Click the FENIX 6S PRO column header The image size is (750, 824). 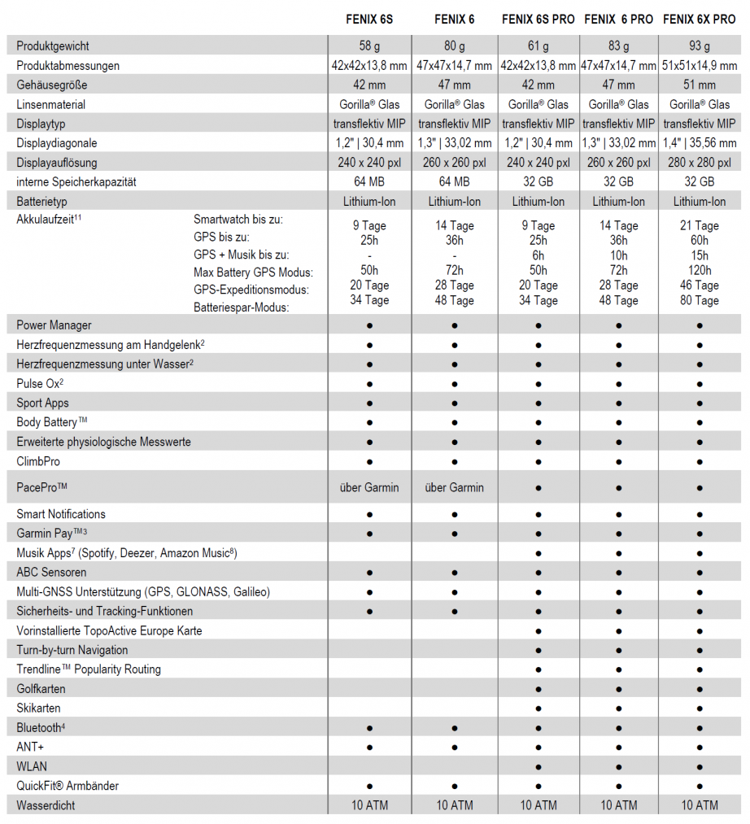538,20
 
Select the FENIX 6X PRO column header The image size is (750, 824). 700,20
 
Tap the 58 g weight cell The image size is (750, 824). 369,46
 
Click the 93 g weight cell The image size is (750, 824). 700,46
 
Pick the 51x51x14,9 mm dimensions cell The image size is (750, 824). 700,65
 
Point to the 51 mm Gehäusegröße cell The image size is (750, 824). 700,85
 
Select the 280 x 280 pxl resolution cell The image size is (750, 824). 700,162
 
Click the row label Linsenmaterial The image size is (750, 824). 50,104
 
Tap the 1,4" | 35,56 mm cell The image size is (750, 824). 700,143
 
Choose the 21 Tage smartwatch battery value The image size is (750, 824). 700,225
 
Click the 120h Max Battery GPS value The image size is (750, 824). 700,270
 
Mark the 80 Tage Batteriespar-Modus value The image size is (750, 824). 700,300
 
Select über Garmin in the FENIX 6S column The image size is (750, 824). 369,487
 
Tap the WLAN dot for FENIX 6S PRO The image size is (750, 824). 539,766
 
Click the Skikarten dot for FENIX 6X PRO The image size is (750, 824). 700,708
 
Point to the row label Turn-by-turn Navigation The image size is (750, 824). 72,650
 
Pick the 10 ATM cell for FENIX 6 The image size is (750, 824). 454,805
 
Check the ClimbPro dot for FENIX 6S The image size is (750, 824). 369,461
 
